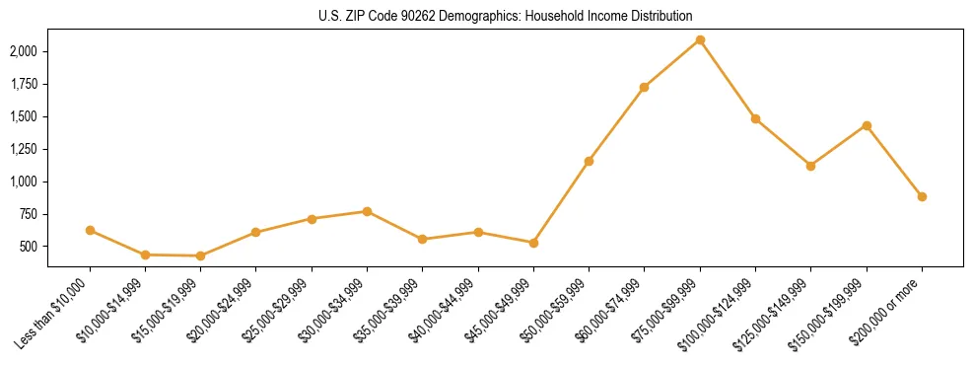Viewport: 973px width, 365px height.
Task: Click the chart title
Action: point(506,16)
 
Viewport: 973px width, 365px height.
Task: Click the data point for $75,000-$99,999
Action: point(700,39)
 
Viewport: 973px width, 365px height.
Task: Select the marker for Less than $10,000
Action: point(90,230)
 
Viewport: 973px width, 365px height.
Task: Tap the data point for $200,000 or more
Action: point(922,196)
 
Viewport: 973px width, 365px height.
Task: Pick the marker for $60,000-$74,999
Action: point(644,87)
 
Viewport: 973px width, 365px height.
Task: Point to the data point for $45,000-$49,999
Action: point(533,243)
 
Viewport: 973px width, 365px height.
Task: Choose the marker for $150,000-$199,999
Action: point(867,125)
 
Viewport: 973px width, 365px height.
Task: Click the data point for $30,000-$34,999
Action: point(367,211)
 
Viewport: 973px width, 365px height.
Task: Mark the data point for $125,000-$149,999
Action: point(810,166)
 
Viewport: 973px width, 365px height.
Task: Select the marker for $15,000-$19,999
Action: point(201,255)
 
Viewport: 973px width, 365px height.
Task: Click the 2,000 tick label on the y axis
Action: point(23,51)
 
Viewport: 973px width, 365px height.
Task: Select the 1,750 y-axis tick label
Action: point(23,84)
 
